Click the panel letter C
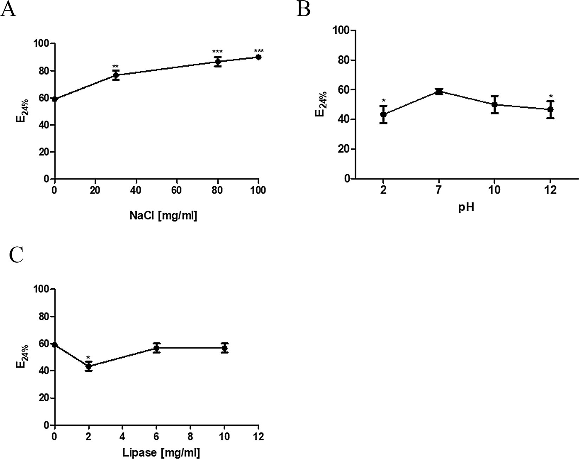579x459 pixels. click(16, 255)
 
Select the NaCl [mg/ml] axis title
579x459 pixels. click(163, 216)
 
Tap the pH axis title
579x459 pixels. click(466, 207)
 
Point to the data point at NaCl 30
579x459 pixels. click(116, 75)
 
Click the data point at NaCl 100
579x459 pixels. click(258, 57)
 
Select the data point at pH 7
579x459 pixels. click(439, 92)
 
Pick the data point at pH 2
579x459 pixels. click(383, 114)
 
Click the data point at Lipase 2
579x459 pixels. click(89, 366)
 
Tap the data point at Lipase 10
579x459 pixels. click(224, 348)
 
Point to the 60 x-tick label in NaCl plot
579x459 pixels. click(176, 191)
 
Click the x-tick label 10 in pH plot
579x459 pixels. click(495, 191)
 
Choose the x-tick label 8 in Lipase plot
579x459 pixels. click(190, 437)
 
